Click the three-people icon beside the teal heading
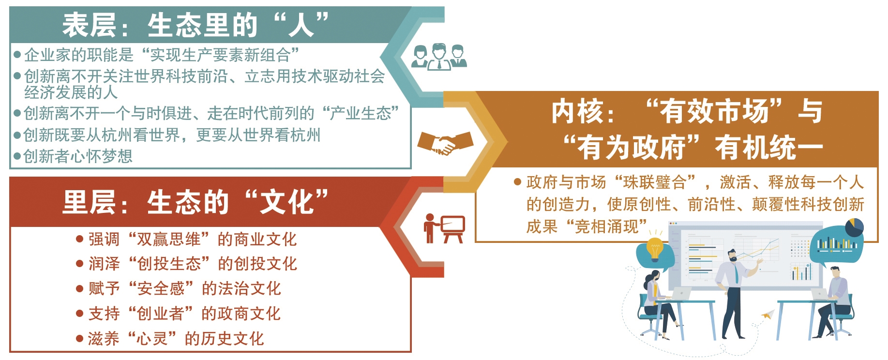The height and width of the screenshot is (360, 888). pyautogui.click(x=439, y=57)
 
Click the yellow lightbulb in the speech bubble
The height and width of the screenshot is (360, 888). pyautogui.click(x=654, y=249)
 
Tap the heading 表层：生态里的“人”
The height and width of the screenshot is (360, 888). pyautogui.click(x=196, y=25)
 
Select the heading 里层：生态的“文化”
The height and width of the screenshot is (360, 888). pyautogui.click(x=196, y=202)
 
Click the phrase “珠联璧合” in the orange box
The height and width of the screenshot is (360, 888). pyautogui.click(x=655, y=182)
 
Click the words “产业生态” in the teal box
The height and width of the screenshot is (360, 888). pyautogui.click(x=360, y=113)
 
